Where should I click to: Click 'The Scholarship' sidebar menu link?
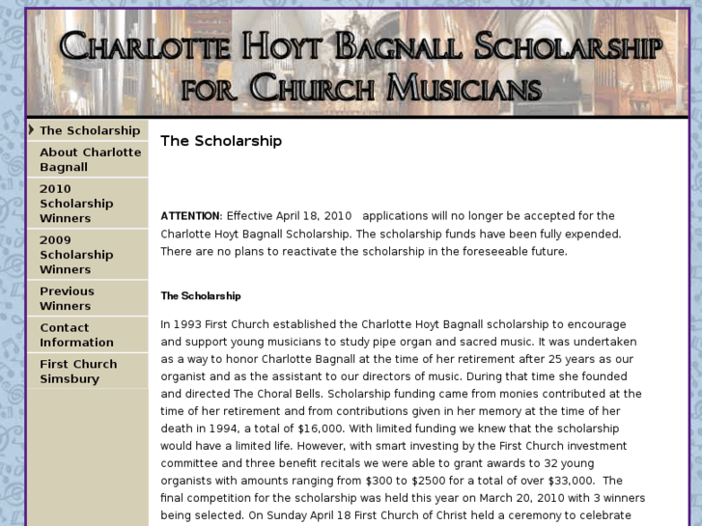pyautogui.click(x=89, y=130)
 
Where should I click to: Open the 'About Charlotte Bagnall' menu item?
pyautogui.click(x=90, y=159)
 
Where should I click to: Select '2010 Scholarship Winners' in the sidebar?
pyautogui.click(x=76, y=204)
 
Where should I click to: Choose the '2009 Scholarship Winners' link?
pyautogui.click(x=76, y=255)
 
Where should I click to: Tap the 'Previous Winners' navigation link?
pyautogui.click(x=67, y=298)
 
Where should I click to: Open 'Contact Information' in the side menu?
pyautogui.click(x=76, y=335)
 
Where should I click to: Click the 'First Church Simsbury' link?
pyautogui.click(x=77, y=372)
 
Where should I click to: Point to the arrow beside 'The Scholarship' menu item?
pyautogui.click(x=32, y=129)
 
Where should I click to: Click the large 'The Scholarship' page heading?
pyautogui.click(x=221, y=141)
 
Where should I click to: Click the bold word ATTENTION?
pyautogui.click(x=191, y=216)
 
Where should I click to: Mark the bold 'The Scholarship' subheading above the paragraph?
pyautogui.click(x=201, y=296)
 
